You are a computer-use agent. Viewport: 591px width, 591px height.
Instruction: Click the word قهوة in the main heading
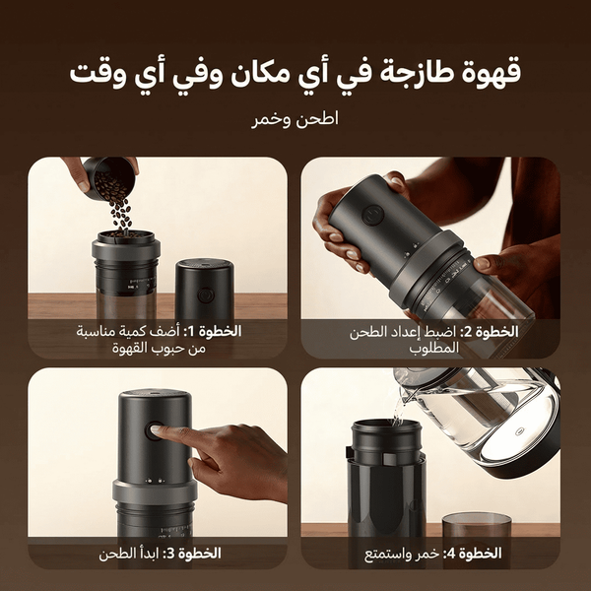490,74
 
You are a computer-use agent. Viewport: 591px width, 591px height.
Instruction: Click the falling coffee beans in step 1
119,212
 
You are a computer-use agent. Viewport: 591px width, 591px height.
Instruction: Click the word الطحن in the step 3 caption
117,554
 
